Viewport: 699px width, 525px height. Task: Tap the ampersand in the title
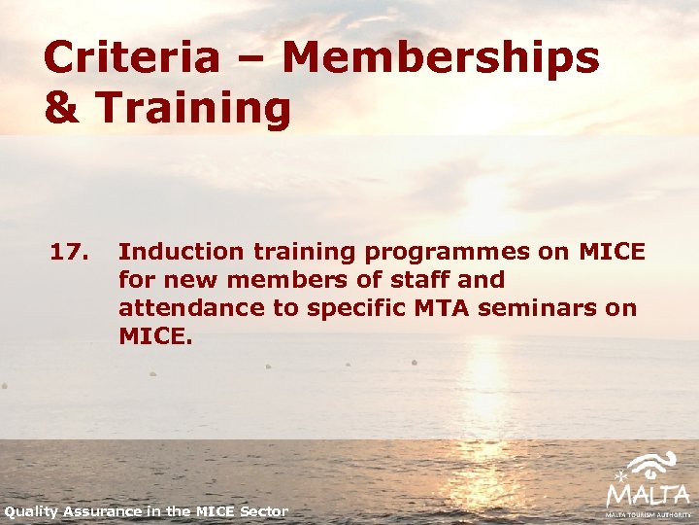pyautogui.click(x=62, y=109)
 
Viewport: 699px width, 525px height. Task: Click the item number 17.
pyautogui.click(x=69, y=252)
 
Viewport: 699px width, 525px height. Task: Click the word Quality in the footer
pyautogui.click(x=32, y=511)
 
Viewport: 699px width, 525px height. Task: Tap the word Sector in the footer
pyautogui.click(x=263, y=511)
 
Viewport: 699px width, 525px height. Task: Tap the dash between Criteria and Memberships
pyautogui.click(x=251, y=60)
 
